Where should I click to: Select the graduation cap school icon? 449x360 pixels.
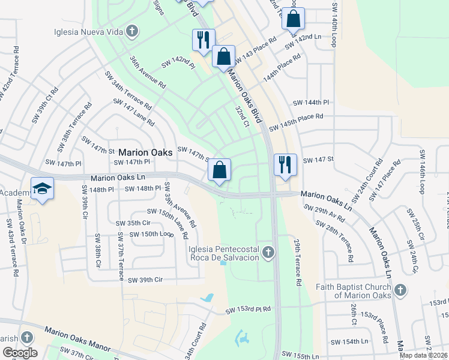43,189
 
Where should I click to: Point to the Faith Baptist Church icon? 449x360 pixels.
400,290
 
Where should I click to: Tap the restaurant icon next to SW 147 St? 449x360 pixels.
284,164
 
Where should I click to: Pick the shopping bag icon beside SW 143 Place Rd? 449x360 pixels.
223,57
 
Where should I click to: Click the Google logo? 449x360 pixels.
20,353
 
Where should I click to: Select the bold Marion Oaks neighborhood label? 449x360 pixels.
145,152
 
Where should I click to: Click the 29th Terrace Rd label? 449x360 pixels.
297,262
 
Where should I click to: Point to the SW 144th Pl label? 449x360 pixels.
310,103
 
